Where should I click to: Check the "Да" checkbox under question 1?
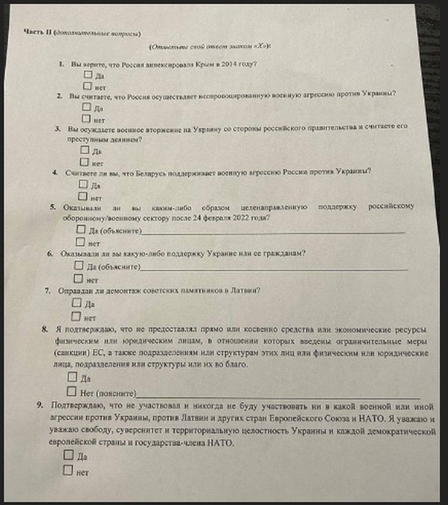click(88, 75)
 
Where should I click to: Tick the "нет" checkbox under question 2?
click(87, 118)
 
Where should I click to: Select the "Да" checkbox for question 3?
click(84, 149)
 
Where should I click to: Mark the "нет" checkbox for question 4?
click(83, 197)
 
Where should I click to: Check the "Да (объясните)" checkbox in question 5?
click(81, 230)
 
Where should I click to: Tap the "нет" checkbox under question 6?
click(78, 278)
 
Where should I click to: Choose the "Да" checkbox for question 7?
click(76, 303)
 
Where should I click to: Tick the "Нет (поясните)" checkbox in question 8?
click(71, 391)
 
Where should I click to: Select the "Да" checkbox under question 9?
click(68, 454)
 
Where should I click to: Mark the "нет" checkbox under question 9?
click(67, 470)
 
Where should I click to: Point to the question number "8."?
click(46, 328)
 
